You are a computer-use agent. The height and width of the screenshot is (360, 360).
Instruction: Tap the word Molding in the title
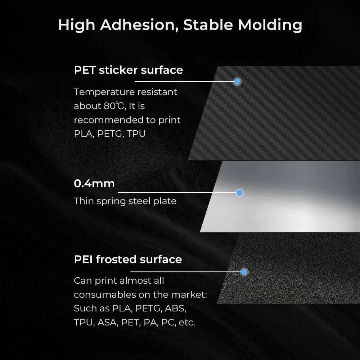270,26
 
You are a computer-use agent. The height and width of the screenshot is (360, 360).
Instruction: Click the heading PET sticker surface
129,70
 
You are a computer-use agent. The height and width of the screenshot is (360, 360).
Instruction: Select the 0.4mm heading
94,184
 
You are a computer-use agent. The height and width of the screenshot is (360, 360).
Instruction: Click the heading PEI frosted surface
128,260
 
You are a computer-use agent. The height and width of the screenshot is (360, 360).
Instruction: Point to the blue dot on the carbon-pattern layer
237,81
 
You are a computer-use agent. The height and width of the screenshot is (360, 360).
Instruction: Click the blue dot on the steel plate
239,193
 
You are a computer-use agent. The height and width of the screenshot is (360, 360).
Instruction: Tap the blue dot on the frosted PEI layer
244,272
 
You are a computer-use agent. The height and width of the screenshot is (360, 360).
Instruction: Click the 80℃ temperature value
114,106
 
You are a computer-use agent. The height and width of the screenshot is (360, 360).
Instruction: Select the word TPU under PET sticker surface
136,134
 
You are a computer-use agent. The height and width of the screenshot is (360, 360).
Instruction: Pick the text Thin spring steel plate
125,201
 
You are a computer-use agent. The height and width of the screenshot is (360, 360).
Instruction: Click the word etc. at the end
187,323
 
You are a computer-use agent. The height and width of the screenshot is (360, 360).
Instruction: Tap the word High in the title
76,26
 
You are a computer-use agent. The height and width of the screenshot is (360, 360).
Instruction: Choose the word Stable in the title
208,25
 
